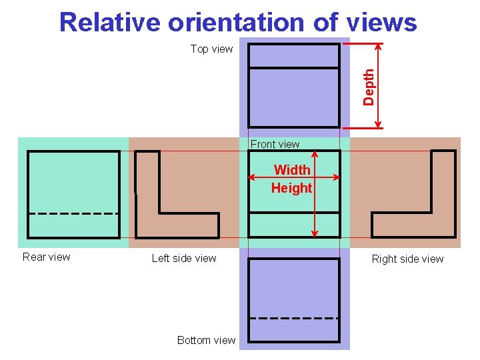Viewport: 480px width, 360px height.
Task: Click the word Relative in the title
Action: pyautogui.click(x=110, y=23)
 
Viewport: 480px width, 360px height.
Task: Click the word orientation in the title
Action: pyautogui.click(x=237, y=23)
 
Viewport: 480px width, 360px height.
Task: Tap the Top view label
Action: pyautogui.click(x=211, y=49)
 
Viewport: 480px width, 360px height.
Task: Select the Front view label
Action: pyautogui.click(x=275, y=144)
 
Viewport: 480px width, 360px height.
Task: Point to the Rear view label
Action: pyautogui.click(x=46, y=257)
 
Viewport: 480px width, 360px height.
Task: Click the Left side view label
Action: pyautogui.click(x=184, y=258)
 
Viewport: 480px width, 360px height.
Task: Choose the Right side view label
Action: pyautogui.click(x=407, y=259)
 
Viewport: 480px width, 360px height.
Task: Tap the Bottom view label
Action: pyautogui.click(x=206, y=340)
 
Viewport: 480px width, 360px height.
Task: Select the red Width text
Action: pyautogui.click(x=292, y=170)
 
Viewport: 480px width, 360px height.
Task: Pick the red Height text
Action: pyautogui.click(x=291, y=188)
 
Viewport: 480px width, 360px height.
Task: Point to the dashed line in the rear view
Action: pyautogui.click(x=73, y=213)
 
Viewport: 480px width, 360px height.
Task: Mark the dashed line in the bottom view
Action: pyautogui.click(x=294, y=318)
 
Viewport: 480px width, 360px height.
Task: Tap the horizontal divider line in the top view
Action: pyautogui.click(x=294, y=67)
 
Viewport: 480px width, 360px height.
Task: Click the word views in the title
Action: pyautogui.click(x=381, y=23)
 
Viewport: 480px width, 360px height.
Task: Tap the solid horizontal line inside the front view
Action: pyautogui.click(x=294, y=213)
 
